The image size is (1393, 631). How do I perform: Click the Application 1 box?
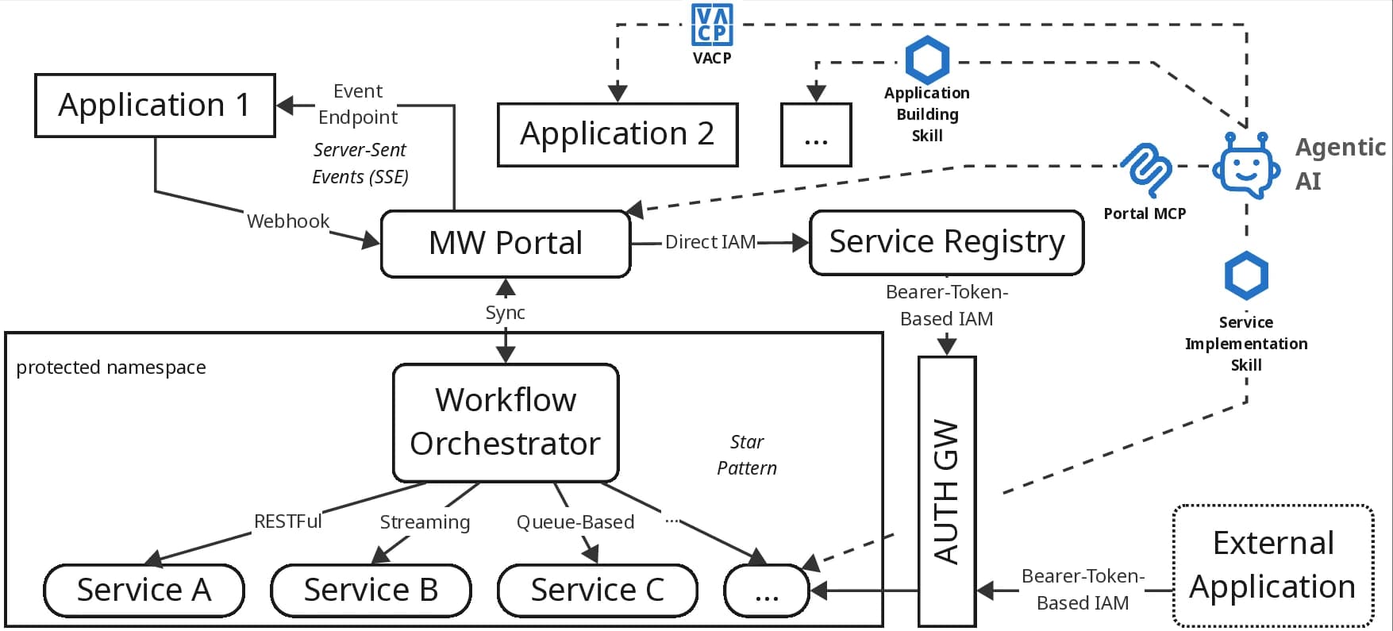click(x=155, y=106)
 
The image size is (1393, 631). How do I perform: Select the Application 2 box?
click(x=618, y=134)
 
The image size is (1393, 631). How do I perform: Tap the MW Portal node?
click(x=506, y=244)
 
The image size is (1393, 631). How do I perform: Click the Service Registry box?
click(x=946, y=242)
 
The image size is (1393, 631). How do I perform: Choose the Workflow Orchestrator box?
click(x=506, y=422)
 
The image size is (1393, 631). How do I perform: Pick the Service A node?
click(x=144, y=591)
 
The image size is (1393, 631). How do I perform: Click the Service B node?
click(x=371, y=591)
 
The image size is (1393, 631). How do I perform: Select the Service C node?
click(x=597, y=591)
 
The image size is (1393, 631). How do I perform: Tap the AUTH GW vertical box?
click(x=946, y=491)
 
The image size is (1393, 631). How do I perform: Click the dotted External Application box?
click(x=1272, y=565)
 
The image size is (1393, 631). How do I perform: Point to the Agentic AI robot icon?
click(x=1245, y=166)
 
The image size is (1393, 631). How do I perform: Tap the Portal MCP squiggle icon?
click(x=1147, y=168)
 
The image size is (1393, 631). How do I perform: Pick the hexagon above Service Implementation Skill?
click(x=1246, y=275)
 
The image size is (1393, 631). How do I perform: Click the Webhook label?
click(x=287, y=221)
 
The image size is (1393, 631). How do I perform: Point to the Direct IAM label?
click(x=710, y=242)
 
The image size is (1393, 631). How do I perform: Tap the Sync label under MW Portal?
click(x=505, y=313)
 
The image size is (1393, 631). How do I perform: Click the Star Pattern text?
click(x=746, y=455)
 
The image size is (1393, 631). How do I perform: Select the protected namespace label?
click(x=111, y=367)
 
